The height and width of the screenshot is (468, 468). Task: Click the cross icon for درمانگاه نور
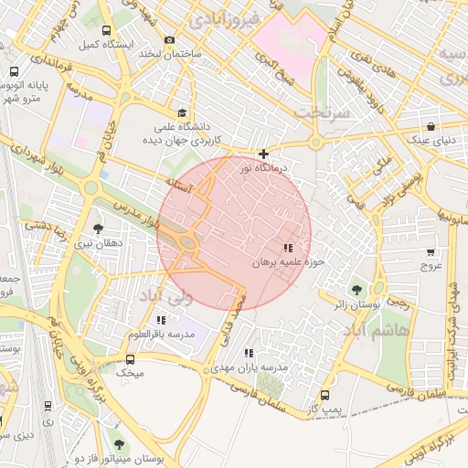point(264,154)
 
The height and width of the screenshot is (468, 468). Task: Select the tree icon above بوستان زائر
point(356,290)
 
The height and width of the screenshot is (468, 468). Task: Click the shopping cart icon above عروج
point(430,252)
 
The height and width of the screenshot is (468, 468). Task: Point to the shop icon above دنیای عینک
point(431,126)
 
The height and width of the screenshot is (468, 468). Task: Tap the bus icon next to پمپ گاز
point(324,395)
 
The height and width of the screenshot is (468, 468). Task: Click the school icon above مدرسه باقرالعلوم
point(162,320)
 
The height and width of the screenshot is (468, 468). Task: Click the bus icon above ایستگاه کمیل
point(107,30)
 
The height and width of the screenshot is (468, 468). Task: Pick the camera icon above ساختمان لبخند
point(169,39)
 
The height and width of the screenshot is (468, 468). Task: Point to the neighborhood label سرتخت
point(318,111)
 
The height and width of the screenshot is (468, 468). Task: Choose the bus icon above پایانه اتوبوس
point(15,71)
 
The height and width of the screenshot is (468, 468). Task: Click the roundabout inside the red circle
point(187,243)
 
